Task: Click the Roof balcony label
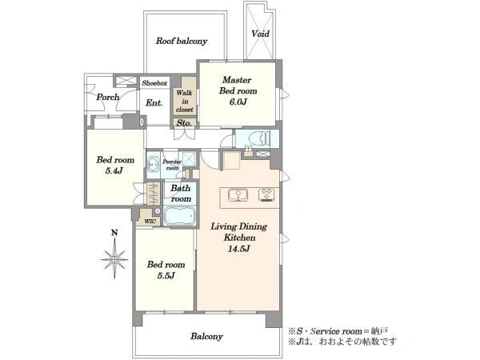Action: [182, 41]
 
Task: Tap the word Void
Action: [260, 34]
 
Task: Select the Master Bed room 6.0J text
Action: [238, 91]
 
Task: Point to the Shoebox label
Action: [154, 83]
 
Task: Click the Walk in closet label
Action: [185, 101]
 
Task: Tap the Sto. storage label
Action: [184, 123]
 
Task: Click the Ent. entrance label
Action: [154, 103]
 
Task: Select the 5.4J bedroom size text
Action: [114, 170]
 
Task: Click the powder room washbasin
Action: [153, 164]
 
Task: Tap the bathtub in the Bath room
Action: [179, 217]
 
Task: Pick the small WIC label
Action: [150, 222]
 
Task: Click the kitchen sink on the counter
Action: [238, 196]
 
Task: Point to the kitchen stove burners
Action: [266, 195]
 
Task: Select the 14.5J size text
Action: [238, 249]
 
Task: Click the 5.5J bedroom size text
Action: [166, 275]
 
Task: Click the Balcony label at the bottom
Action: [206, 337]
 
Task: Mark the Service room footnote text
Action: [338, 331]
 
